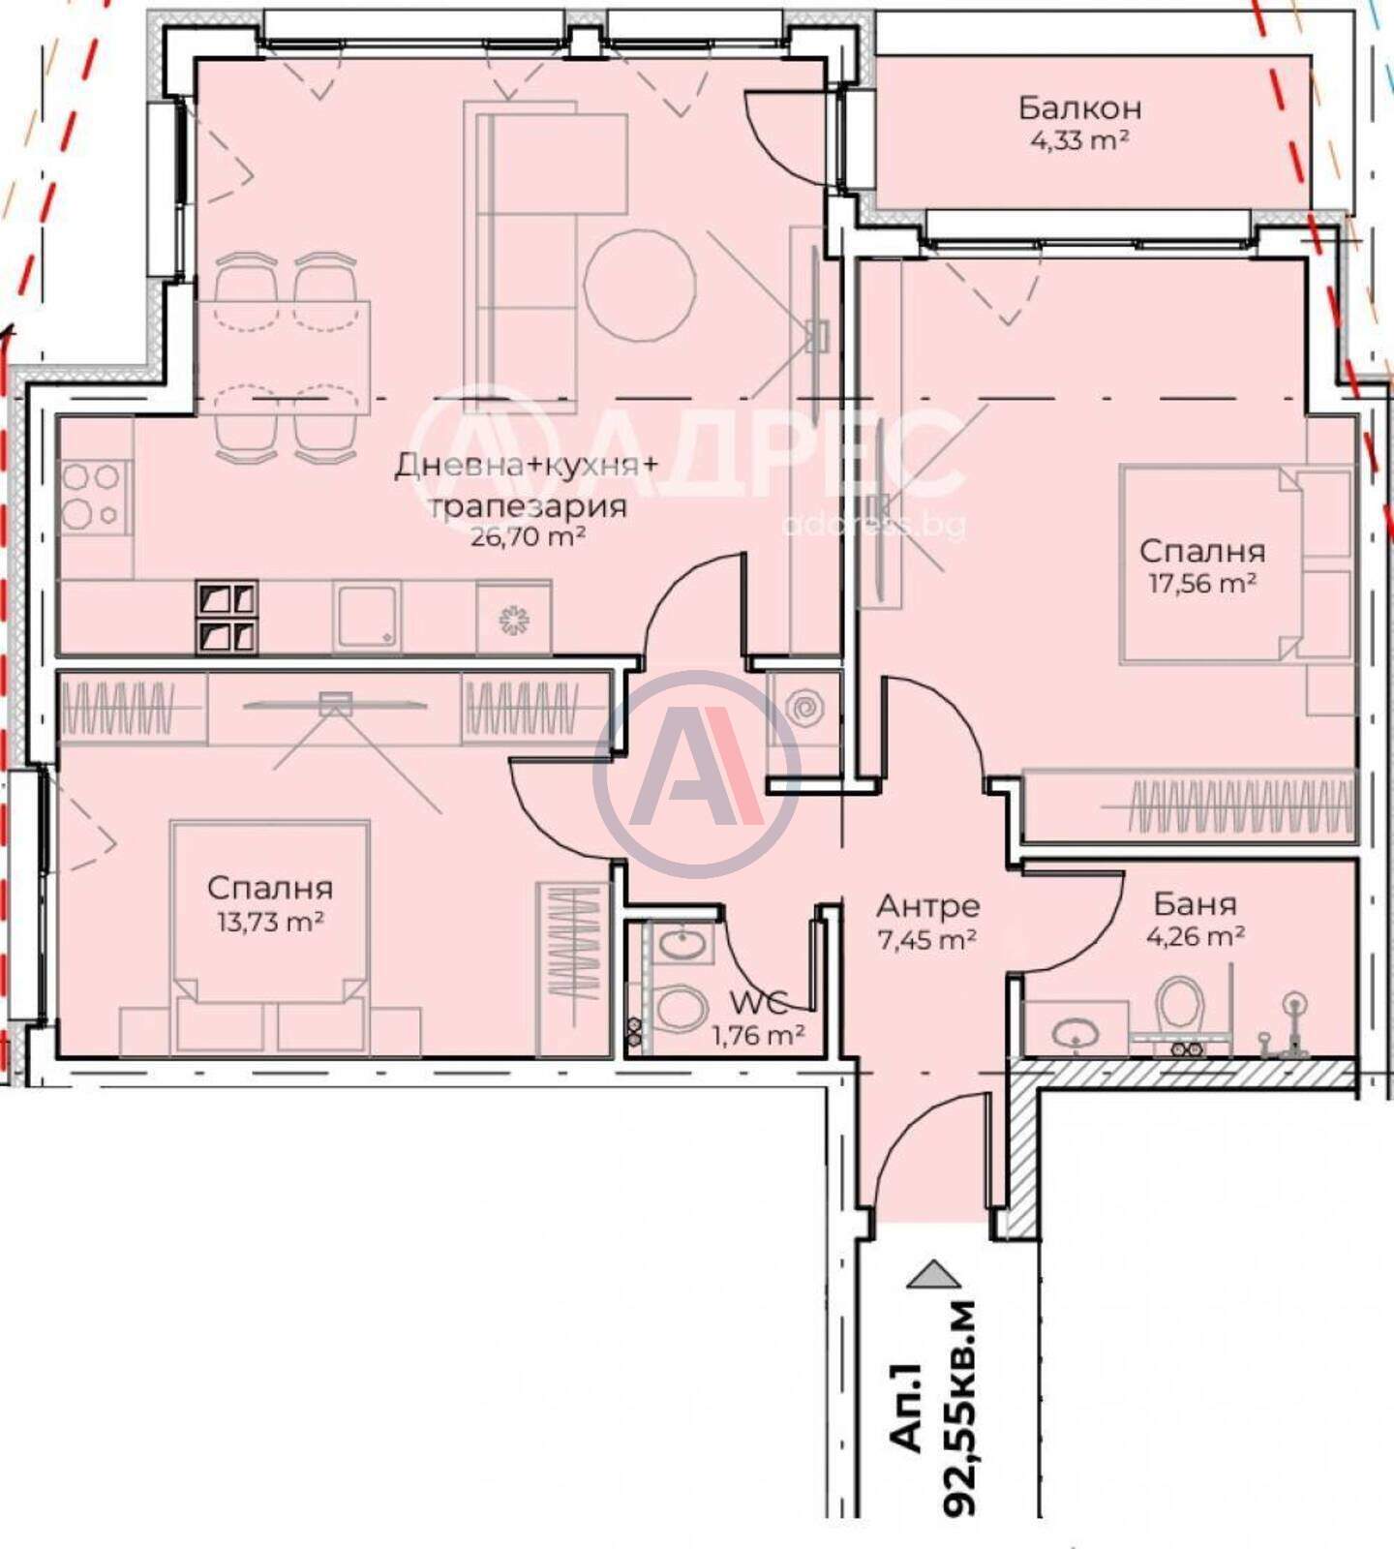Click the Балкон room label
click(x=1079, y=107)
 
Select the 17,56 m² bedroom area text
click(x=1202, y=583)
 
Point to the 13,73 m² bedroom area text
click(x=270, y=921)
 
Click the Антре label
click(x=927, y=907)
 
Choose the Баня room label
click(x=1195, y=904)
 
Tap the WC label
click(x=758, y=1002)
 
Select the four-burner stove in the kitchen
click(x=94, y=497)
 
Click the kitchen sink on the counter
click(x=367, y=616)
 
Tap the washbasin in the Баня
click(x=1074, y=1032)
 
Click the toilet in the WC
click(x=682, y=1010)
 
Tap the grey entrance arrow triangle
click(x=933, y=1273)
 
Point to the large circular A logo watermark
click(x=697, y=774)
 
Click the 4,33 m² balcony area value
click(x=1079, y=140)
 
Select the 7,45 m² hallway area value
click(x=926, y=938)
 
